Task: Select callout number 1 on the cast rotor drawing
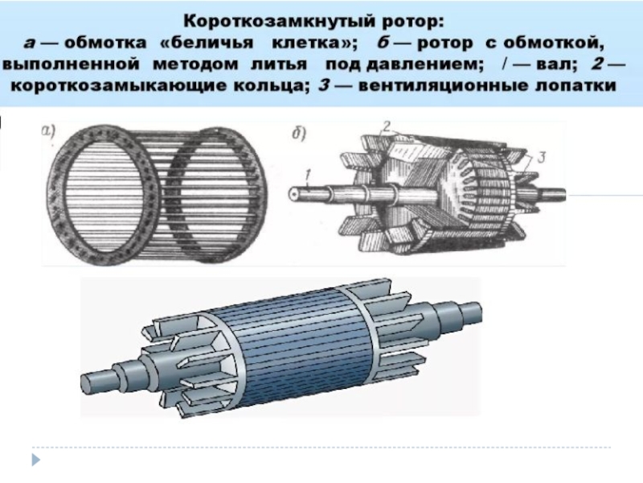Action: (308, 171)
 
